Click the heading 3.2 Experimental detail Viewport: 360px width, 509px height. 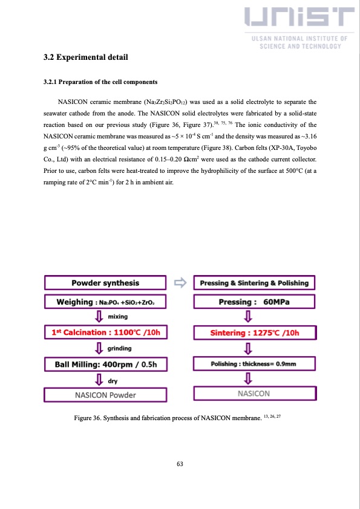(x=85, y=59)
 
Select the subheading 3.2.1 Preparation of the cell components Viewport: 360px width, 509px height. (x=100, y=82)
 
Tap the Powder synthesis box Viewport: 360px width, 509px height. (x=105, y=283)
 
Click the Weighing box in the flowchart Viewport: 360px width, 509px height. (x=105, y=302)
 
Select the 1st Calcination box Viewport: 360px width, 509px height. (x=105, y=331)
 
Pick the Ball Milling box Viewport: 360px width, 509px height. (x=105, y=364)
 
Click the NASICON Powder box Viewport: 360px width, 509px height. (x=105, y=395)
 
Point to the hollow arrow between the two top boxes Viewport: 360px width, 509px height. (x=180, y=282)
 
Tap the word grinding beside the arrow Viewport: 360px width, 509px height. (x=119, y=348)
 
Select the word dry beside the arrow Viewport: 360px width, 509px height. (x=113, y=380)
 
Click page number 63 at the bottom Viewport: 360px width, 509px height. (x=180, y=464)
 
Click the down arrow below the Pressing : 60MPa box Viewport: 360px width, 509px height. (x=247, y=317)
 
